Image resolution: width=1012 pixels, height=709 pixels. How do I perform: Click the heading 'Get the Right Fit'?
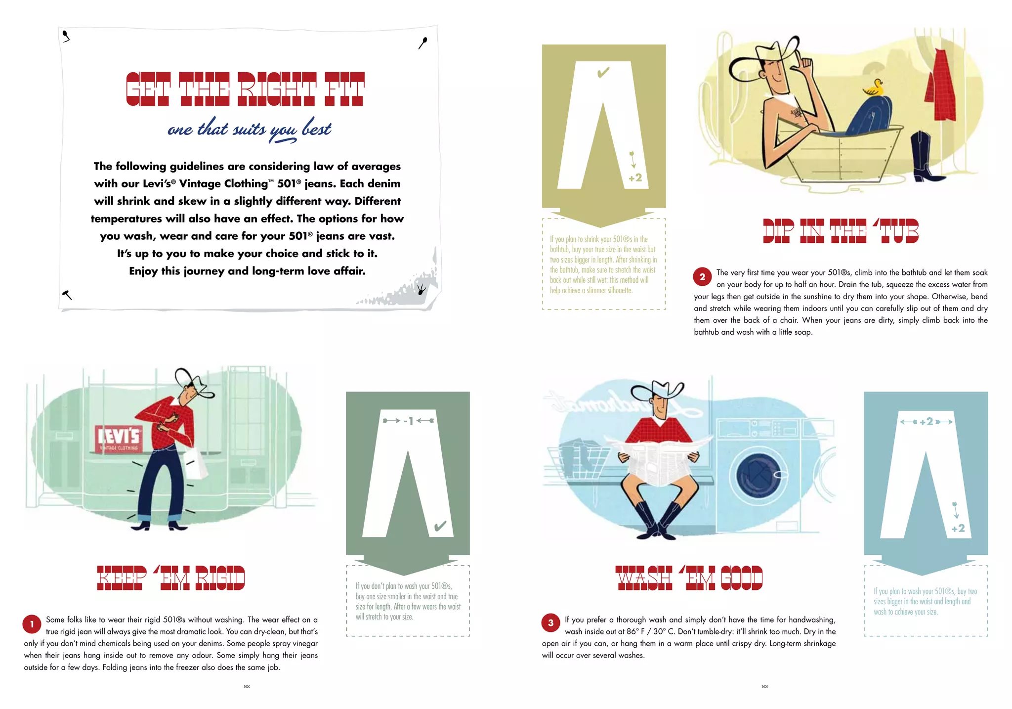(245, 89)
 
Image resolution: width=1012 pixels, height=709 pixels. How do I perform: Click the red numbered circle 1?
(32, 624)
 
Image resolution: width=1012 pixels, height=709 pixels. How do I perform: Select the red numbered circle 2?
(702, 277)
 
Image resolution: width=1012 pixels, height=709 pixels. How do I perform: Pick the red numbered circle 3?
(551, 623)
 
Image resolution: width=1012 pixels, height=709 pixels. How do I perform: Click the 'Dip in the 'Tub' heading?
(841, 231)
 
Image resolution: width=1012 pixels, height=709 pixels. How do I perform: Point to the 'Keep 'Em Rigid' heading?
(171, 578)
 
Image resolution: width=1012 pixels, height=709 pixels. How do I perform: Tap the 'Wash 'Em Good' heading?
(689, 578)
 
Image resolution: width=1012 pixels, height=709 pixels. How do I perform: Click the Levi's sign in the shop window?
(119, 438)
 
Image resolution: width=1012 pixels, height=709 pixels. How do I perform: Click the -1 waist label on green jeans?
(408, 421)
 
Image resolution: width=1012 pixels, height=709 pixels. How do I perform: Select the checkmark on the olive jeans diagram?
(603, 73)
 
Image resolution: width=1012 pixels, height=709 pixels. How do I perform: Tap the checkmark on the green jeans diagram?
(440, 526)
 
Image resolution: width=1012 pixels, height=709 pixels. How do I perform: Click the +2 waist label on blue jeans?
(927, 422)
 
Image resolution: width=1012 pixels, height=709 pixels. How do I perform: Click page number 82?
(247, 686)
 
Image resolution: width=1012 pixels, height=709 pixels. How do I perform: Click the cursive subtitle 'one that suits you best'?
(250, 130)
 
